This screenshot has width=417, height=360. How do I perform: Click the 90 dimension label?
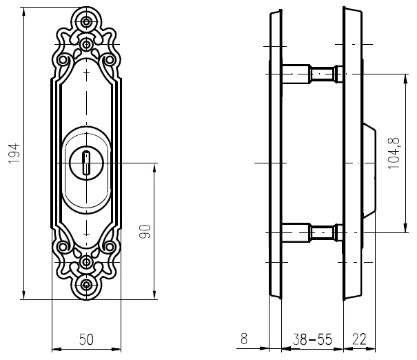[145, 232]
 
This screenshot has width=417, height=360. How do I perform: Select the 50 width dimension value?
[86, 339]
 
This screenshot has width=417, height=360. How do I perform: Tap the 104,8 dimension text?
[394, 154]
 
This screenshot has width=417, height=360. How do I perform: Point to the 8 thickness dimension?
[243, 339]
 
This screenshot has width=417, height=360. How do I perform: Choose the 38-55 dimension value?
[311, 339]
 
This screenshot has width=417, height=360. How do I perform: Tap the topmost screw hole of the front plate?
[86, 22]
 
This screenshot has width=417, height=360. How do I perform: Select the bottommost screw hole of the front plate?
[86, 284]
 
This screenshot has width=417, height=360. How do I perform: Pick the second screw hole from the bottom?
[86, 262]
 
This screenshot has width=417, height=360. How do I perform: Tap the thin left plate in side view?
[276, 155]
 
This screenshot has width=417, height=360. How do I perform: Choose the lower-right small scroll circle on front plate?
[109, 246]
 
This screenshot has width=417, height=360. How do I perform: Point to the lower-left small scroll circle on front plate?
[63, 246]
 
